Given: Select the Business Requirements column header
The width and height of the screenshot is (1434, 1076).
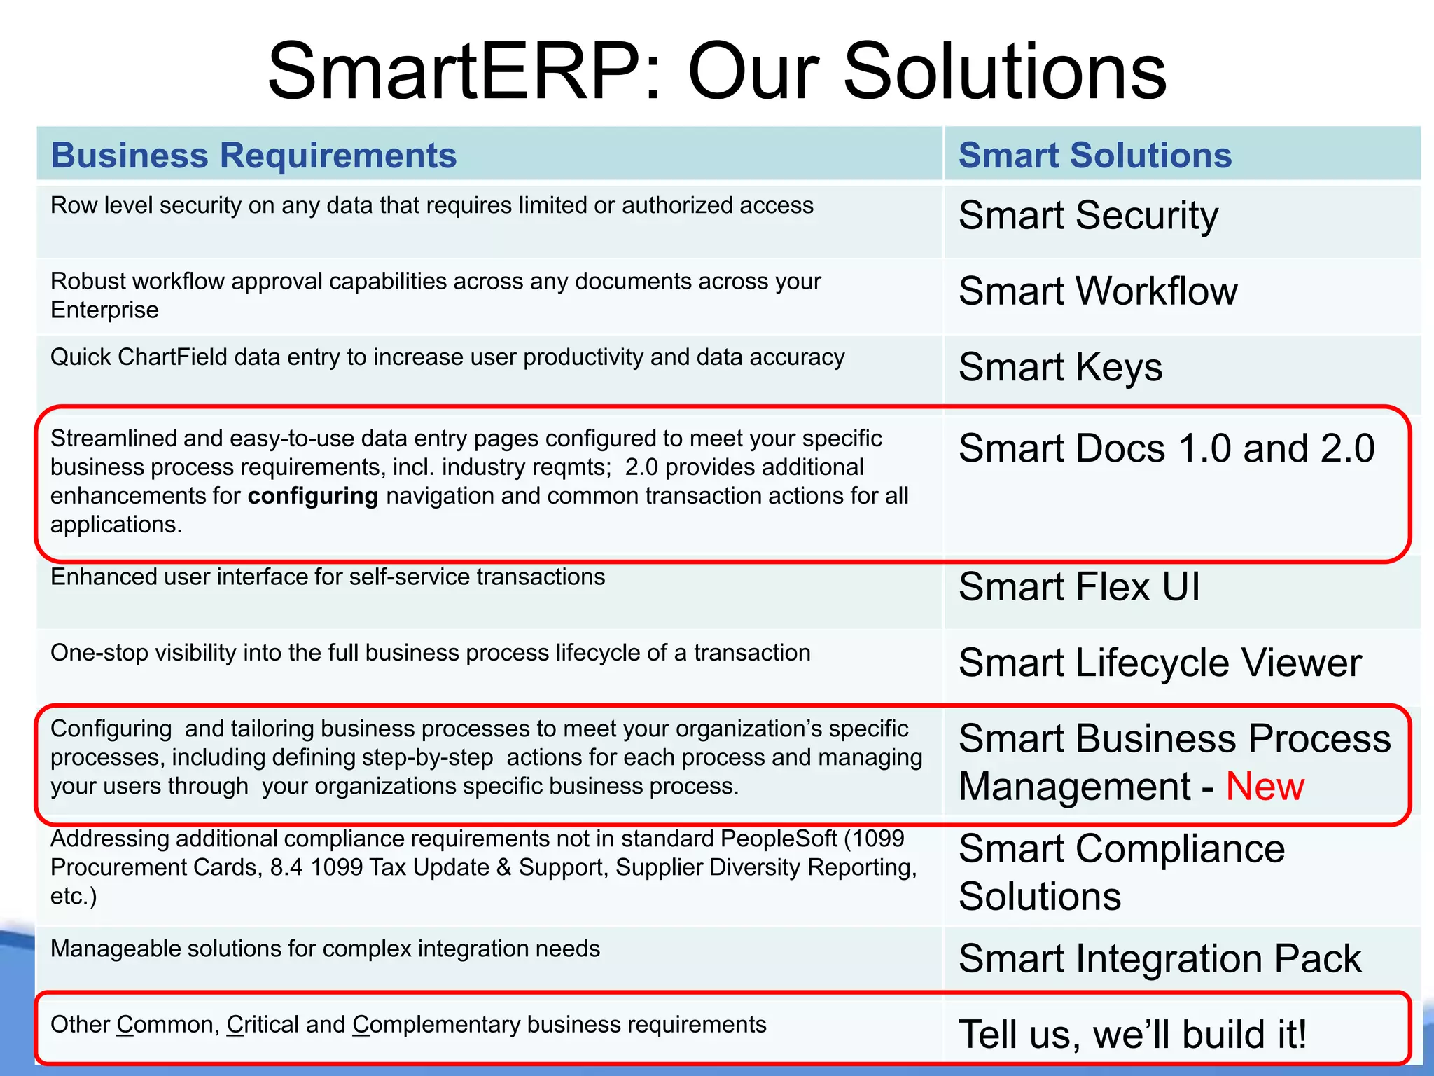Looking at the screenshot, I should click(x=253, y=155).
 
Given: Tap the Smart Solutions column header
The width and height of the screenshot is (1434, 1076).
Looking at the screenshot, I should click(x=1094, y=155).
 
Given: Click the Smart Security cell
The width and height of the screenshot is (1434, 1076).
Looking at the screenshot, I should click(x=1088, y=215).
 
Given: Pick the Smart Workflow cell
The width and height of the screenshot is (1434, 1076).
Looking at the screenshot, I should click(x=1097, y=291).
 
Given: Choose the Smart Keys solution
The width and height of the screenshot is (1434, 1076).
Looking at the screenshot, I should click(x=1060, y=367).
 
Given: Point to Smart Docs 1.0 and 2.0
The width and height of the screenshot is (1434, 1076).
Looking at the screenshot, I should click(x=1167, y=448).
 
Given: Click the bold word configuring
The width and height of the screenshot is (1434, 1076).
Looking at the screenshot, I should click(x=312, y=496).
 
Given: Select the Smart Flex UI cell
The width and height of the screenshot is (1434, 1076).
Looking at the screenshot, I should click(x=1079, y=586).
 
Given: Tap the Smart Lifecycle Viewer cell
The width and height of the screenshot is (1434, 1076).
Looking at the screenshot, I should click(x=1160, y=663).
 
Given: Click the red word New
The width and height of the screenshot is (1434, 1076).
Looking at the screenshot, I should click(x=1265, y=786).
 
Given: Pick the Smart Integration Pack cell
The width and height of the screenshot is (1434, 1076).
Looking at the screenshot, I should click(x=1160, y=958).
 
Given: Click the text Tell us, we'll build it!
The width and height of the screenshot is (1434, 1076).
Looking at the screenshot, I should click(x=1132, y=1034).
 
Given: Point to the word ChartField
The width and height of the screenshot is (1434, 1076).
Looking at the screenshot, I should click(x=172, y=357).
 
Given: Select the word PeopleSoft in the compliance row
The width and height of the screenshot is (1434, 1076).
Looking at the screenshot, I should click(x=778, y=839).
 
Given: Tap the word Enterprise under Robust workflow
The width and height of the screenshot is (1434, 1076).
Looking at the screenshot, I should click(x=104, y=310).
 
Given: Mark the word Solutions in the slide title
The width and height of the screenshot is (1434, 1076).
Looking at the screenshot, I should click(x=1005, y=71).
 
